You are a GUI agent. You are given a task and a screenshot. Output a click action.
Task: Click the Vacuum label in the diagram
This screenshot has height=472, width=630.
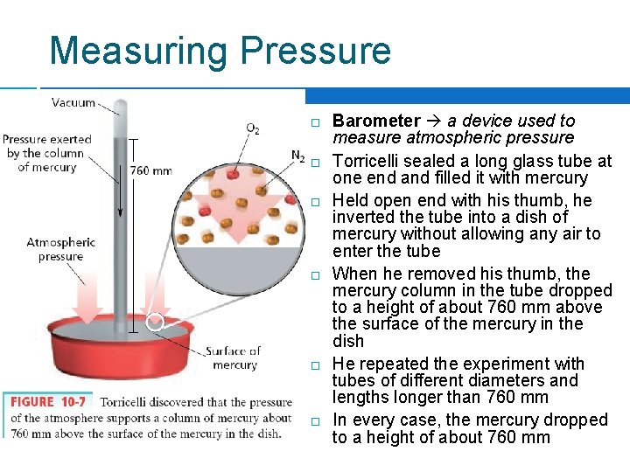73,102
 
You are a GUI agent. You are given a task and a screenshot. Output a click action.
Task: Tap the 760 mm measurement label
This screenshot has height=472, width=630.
151,170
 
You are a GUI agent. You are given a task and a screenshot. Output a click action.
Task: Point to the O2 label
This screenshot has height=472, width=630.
252,129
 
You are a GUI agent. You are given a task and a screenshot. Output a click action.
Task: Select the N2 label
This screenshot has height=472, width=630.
298,156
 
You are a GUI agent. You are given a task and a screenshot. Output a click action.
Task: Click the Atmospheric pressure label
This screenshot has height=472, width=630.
60,249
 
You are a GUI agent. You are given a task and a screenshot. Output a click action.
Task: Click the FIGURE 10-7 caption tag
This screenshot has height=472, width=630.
49,403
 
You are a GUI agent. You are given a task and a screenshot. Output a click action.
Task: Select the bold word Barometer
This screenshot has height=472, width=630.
376,121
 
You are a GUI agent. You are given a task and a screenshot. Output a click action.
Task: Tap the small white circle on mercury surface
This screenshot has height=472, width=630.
156,323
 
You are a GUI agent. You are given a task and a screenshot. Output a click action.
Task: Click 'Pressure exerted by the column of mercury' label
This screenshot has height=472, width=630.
47,153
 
